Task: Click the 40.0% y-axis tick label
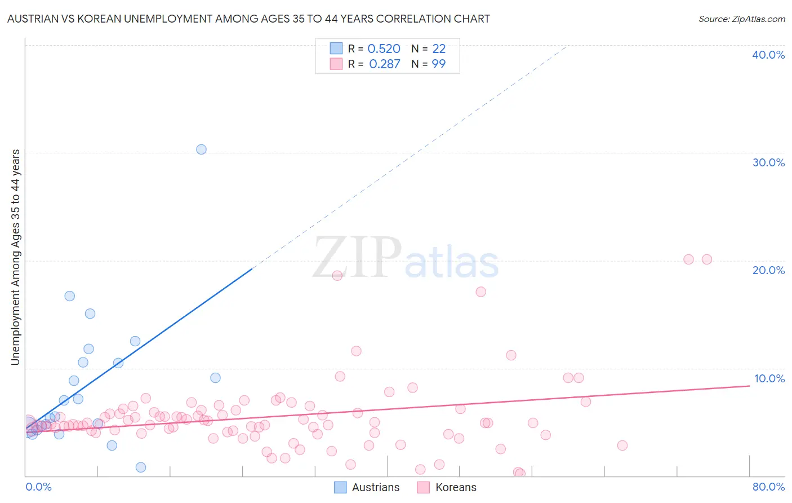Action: tap(768, 55)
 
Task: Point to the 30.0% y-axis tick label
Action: tap(768, 162)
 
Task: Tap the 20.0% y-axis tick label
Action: tap(768, 270)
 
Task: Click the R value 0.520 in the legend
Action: tap(384, 49)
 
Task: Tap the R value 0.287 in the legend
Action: tap(385, 64)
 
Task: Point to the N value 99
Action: tap(438, 64)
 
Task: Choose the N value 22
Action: tap(439, 49)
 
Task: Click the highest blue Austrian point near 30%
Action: tap(201, 149)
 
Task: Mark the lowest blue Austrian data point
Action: tap(141, 467)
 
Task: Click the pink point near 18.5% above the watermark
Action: tap(337, 276)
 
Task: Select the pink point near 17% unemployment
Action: tap(480, 292)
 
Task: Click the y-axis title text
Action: tap(15, 257)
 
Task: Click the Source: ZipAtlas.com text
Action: tap(741, 19)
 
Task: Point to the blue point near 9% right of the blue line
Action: tap(215, 378)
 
